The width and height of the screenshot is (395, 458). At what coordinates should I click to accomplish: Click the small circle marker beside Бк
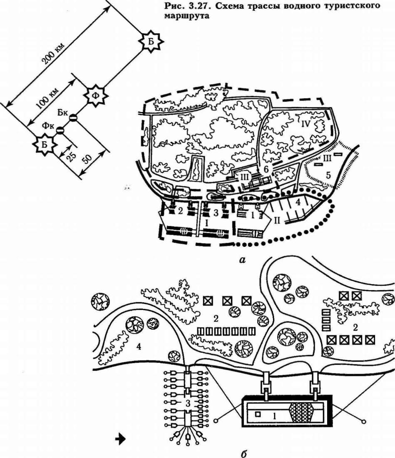coord(72,118)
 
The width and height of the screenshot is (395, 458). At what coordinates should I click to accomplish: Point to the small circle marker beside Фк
coord(61,130)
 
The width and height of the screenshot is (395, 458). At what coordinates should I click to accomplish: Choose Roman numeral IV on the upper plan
coord(306,123)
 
